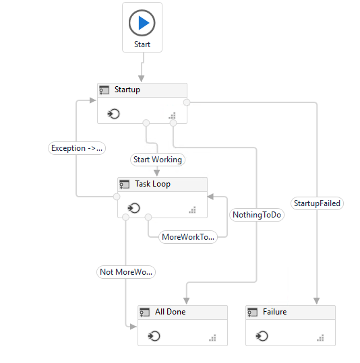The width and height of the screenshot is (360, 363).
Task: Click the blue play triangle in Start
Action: coord(144,23)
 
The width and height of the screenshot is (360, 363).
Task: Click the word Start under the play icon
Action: coord(142,44)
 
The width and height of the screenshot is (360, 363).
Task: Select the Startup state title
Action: coord(127,90)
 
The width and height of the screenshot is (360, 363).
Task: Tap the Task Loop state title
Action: coord(153,184)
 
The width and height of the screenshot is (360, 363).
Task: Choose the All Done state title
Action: coord(171,312)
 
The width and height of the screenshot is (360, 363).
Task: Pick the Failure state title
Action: coord(274,312)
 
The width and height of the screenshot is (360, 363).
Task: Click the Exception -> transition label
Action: coord(77,148)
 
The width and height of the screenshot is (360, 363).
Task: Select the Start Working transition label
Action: coord(158,160)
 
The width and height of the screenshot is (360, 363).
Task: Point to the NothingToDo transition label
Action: coord(257,215)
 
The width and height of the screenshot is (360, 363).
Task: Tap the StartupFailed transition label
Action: coord(317,203)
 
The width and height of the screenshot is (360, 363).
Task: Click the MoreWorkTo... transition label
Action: coord(188,237)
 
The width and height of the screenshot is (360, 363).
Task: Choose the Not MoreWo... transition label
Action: coord(126,272)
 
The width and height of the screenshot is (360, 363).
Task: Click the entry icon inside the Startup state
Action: coord(113,114)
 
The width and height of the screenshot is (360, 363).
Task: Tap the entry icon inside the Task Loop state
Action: coord(133,208)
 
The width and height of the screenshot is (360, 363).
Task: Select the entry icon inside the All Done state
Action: coord(154,336)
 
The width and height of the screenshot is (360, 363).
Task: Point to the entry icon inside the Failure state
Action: coord(262,336)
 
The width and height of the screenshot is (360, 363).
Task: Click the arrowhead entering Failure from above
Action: coord(317,301)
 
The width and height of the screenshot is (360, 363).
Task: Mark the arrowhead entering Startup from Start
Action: coord(141,79)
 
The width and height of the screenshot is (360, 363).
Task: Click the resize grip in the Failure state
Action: coord(320,338)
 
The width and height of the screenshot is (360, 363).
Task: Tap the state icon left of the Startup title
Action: coord(104,90)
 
